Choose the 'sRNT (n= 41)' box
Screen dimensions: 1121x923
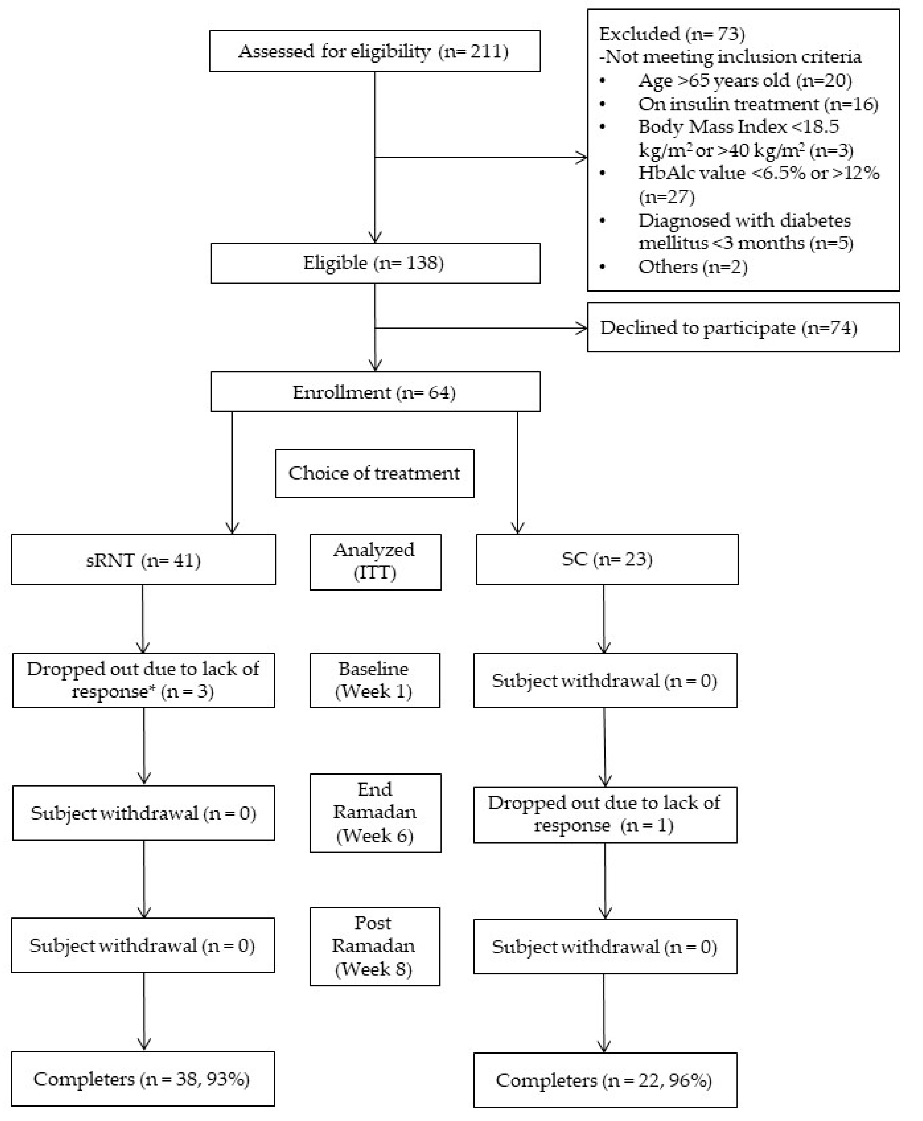(x=143, y=559)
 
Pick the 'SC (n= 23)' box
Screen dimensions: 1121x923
(x=607, y=559)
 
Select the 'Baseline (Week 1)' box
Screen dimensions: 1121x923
(x=374, y=680)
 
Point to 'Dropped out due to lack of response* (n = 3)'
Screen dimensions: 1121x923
(x=143, y=680)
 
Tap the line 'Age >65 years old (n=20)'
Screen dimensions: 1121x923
(x=744, y=80)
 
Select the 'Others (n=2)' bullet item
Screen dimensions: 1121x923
(x=692, y=266)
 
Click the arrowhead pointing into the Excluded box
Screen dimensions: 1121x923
(x=583, y=157)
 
